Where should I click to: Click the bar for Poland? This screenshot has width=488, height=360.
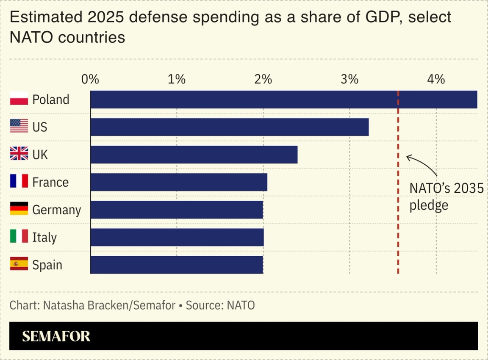pos(283,100)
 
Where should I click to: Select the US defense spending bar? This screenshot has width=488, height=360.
pos(229,127)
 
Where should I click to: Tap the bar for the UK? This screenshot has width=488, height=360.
pos(194,155)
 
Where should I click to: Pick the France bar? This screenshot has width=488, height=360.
pos(179,182)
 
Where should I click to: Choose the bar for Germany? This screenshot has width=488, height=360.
pos(177,210)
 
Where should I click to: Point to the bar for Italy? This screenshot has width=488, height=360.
pos(177,237)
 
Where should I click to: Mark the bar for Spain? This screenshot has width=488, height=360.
pos(177,265)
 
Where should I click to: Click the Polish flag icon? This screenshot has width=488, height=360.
pos(19,99)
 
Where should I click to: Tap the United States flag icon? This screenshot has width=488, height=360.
pos(19,126)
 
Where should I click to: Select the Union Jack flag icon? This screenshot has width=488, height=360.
pos(19,154)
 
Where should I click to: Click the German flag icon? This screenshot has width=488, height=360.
pos(19,209)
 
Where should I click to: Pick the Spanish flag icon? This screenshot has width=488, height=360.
pos(19,264)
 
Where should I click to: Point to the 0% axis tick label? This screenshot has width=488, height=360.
pos(90,79)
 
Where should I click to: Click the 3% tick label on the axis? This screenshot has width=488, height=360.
pos(349,79)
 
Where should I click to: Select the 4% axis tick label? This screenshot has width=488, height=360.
pos(436,79)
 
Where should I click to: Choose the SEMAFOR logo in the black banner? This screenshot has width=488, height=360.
pos(56,336)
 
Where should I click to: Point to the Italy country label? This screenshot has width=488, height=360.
pos(44,238)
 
